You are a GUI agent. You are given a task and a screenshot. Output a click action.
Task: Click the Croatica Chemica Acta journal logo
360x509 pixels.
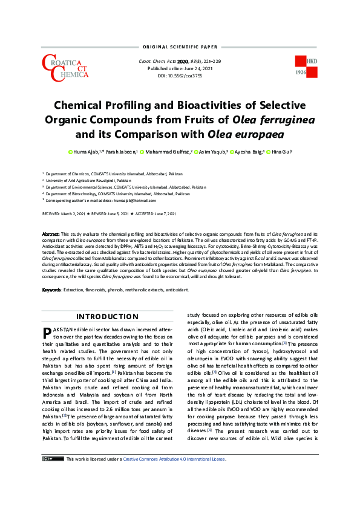point(63,68)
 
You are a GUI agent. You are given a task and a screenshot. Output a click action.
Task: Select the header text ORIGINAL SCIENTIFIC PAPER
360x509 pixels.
point(180,47)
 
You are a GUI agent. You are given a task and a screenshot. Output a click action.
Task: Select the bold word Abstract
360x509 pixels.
point(50,233)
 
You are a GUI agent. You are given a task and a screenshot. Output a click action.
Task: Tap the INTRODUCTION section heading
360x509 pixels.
point(110,317)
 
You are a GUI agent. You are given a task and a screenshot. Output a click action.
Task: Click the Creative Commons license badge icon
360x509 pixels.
point(53,493)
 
